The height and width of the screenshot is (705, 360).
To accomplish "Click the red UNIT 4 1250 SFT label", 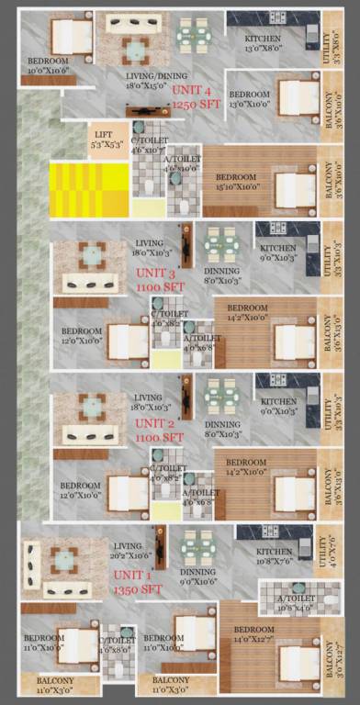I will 192,98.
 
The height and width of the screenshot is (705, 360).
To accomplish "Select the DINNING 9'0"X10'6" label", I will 197,576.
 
